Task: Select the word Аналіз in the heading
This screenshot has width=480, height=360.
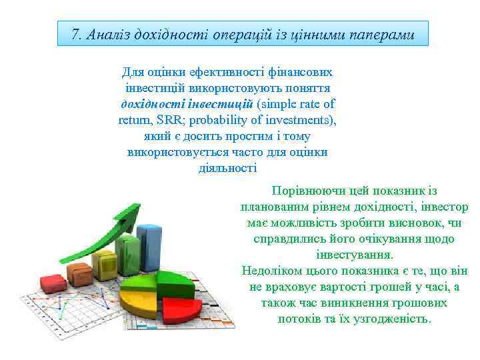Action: tap(109, 34)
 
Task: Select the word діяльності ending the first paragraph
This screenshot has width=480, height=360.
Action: tap(227, 168)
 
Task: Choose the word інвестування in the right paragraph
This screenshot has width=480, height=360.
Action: tap(354, 255)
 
